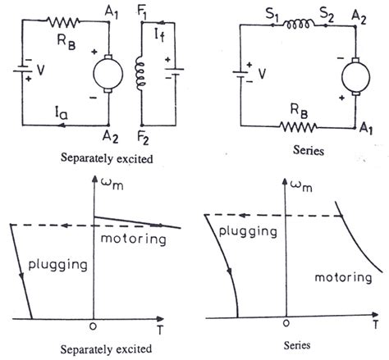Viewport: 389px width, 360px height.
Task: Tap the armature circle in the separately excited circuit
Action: [108, 74]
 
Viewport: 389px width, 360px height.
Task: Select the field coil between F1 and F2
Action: [140, 74]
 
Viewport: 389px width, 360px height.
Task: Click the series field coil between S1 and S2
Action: [299, 25]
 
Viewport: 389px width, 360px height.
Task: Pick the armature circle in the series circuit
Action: [355, 76]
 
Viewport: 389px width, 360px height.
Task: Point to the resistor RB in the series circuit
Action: [298, 127]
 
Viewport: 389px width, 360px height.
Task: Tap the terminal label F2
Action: [144, 138]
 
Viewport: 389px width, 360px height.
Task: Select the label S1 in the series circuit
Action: [272, 14]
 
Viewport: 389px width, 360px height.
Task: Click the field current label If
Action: [159, 35]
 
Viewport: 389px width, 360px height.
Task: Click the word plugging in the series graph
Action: [248, 232]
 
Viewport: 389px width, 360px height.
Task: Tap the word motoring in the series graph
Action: [343, 278]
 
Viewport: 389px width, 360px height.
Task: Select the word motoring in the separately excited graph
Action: [134, 239]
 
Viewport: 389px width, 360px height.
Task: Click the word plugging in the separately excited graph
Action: [57, 265]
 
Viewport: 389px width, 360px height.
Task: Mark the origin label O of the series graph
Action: [286, 323]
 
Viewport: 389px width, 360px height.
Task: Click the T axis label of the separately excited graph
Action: [160, 330]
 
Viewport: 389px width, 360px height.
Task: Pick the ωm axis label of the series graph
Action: [301, 186]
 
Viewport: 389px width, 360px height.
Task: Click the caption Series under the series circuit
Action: [309, 150]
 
